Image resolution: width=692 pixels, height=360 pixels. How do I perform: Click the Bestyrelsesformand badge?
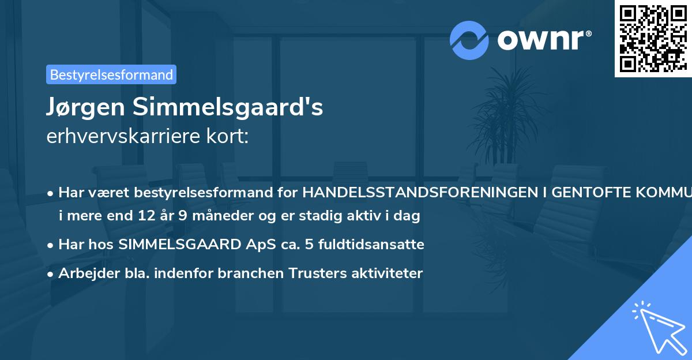pyautogui.click(x=111, y=74)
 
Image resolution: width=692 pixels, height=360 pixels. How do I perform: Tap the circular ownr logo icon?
pyautogui.click(x=470, y=40)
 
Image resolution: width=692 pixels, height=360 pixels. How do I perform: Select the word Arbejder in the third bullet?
pyautogui.click(x=82, y=273)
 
